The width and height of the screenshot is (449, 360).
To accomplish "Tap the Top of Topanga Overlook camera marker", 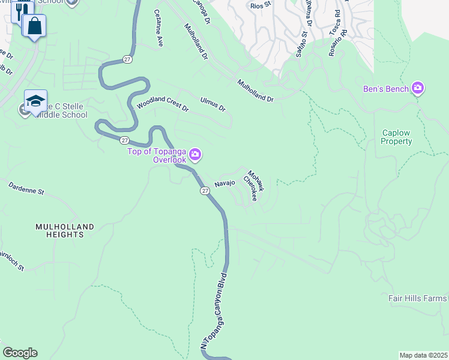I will [x=195, y=156].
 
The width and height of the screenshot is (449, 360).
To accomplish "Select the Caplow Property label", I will [x=397, y=137].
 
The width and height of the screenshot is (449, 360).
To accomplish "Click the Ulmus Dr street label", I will [x=212, y=104].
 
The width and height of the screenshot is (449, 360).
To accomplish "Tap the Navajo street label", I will [x=224, y=183].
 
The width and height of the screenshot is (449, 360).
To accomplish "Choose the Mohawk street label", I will [x=256, y=181].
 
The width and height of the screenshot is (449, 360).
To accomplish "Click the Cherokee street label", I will [x=250, y=187].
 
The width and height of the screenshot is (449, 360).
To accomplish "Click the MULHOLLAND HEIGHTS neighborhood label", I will [x=64, y=230].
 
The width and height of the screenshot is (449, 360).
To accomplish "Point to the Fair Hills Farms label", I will [x=417, y=298].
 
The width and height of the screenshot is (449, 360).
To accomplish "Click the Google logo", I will [x=20, y=353].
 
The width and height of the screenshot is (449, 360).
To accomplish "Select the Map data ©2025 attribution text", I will [x=424, y=355].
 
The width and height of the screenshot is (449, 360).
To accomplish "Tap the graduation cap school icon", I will [x=35, y=100].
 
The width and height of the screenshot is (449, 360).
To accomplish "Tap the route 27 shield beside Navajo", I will [x=205, y=190].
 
